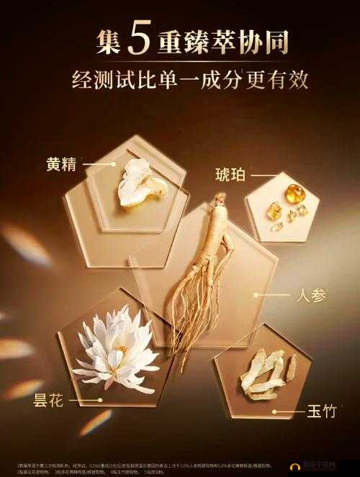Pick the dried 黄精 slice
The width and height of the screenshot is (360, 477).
coord(141,184)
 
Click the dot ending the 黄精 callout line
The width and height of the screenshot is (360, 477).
coord(114,163)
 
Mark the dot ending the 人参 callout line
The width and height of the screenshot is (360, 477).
coord(255,294)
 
